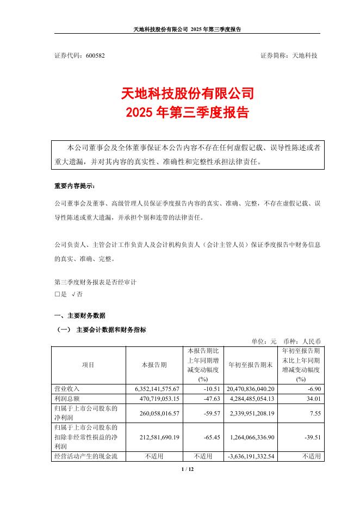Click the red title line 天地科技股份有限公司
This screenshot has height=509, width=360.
point(180,93)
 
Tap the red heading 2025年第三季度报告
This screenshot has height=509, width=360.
point(180,113)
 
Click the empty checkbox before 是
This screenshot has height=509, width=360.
point(57,294)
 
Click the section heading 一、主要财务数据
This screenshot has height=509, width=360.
point(80,315)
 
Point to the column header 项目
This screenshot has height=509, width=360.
point(88,365)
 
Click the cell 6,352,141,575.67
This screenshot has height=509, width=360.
point(153,389)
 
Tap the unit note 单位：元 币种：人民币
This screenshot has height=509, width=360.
point(286,341)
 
